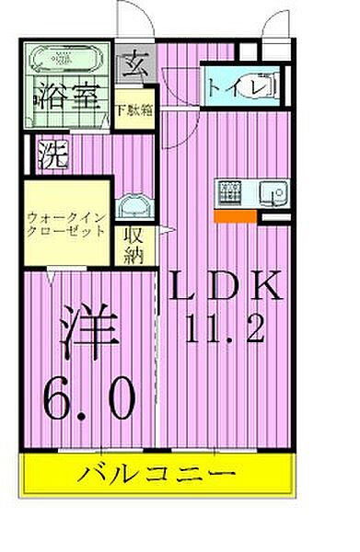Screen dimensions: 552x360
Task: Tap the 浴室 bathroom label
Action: point(68,96)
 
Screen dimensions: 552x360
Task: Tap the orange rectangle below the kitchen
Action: point(234,216)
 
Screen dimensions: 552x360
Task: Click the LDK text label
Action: point(224,287)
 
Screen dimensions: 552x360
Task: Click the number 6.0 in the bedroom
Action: point(90,397)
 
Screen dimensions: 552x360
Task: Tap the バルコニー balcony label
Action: point(156,477)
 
